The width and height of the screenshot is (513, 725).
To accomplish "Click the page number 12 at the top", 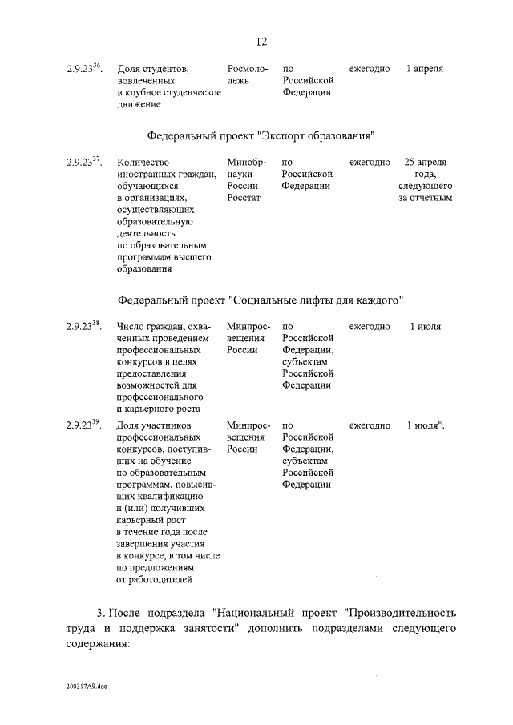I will click(x=261, y=42).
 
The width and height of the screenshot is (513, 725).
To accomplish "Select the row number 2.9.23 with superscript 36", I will click(x=83, y=69).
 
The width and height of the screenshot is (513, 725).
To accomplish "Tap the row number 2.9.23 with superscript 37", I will click(x=83, y=163).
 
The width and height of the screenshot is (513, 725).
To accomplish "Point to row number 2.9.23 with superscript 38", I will click(x=83, y=327).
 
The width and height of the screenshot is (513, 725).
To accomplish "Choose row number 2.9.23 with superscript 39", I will click(x=83, y=425).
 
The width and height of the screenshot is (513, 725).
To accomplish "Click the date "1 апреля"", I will click(x=424, y=70).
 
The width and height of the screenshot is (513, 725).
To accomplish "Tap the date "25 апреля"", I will click(x=426, y=163).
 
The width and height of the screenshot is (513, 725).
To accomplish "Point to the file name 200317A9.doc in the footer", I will click(x=87, y=687).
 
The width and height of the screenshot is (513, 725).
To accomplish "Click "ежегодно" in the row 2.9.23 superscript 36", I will click(x=370, y=70).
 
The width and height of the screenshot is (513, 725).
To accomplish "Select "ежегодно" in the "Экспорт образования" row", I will click(x=370, y=163).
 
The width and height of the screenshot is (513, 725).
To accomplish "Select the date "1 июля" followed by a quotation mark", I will click(x=424, y=425).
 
